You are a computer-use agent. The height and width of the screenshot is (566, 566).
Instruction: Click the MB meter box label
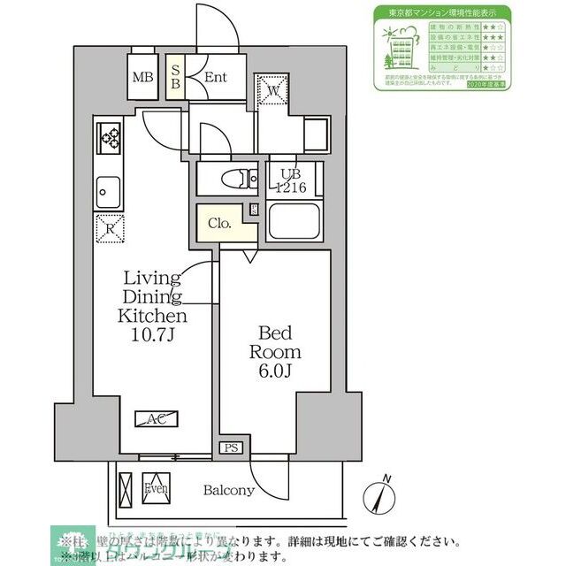click(142, 77)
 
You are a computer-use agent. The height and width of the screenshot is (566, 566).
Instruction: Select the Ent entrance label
click(216, 77)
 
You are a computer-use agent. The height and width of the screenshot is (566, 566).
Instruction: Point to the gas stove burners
click(112, 137)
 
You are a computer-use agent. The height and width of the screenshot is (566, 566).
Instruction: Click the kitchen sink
click(110, 188)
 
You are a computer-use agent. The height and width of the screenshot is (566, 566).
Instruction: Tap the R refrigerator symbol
click(110, 228)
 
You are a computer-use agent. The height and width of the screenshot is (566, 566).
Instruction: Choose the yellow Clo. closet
click(221, 225)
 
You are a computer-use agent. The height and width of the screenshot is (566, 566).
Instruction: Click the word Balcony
click(229, 490)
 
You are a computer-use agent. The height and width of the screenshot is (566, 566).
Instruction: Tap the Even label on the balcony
click(157, 489)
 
